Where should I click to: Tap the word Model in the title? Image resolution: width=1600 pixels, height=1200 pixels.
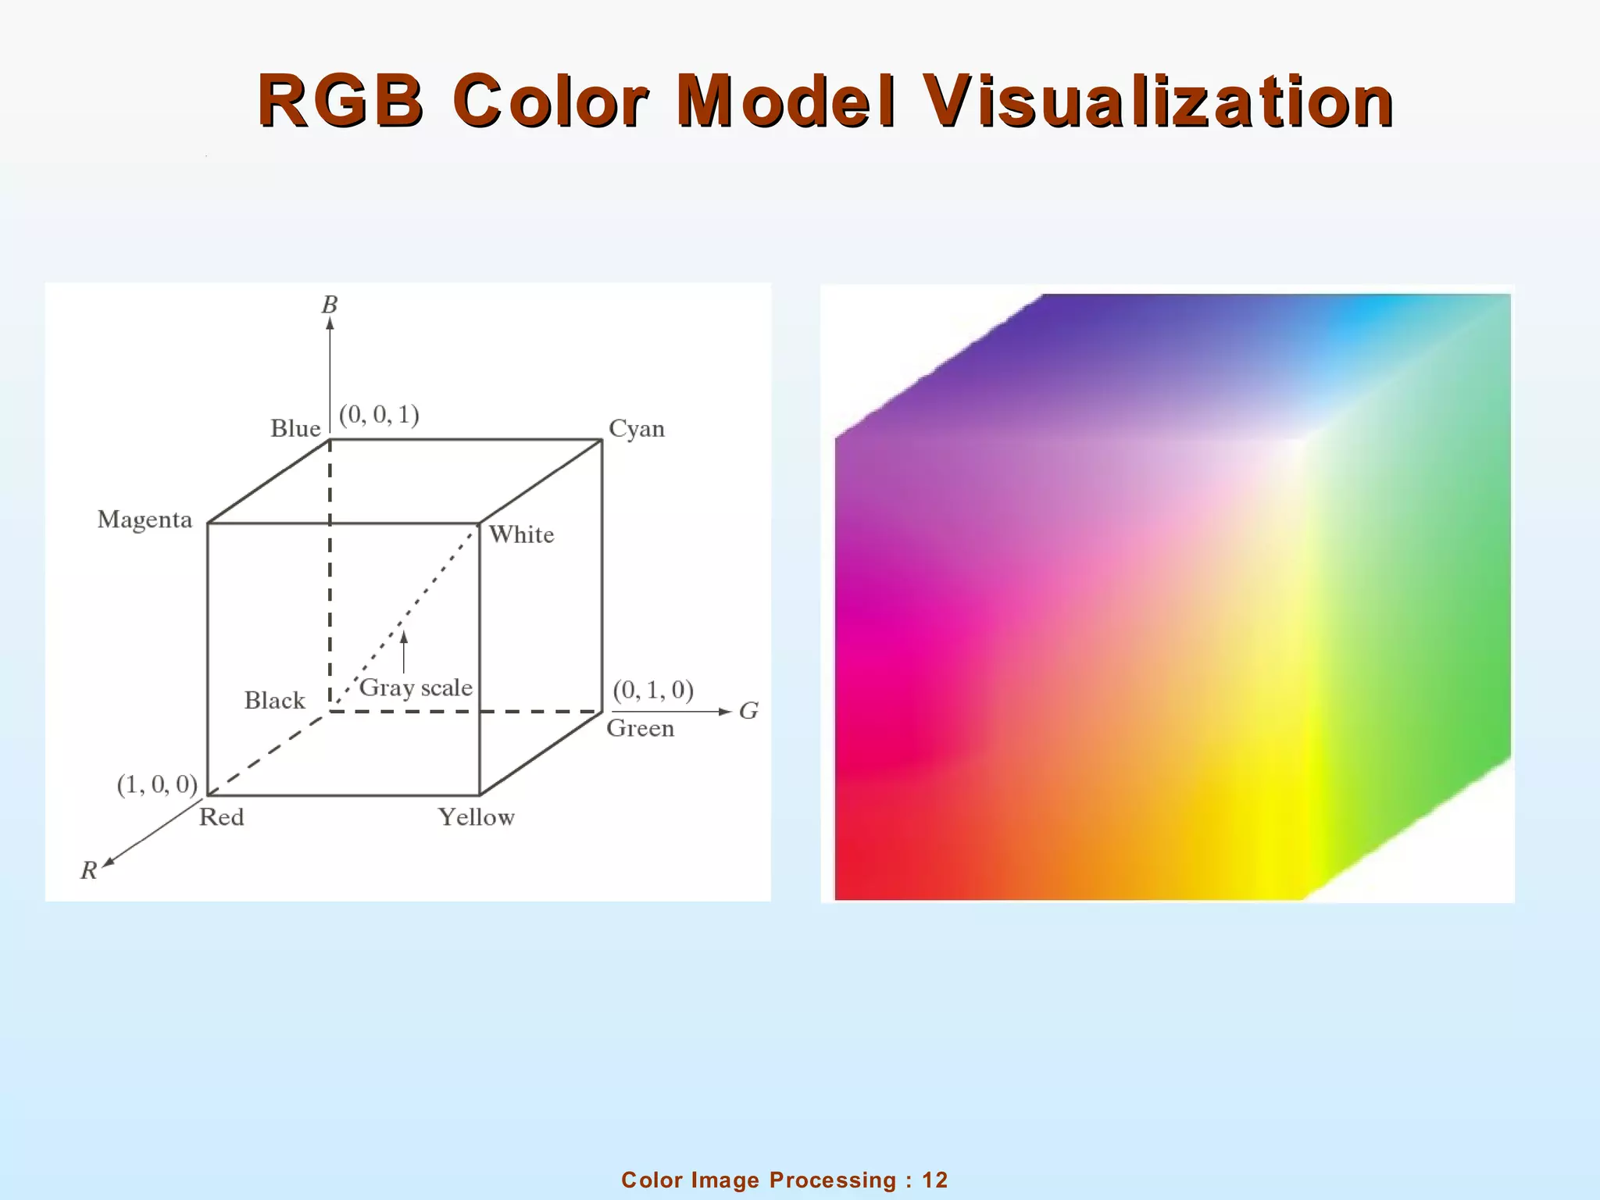pyautogui.click(x=787, y=102)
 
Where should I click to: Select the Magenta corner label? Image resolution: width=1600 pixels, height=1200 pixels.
pyautogui.click(x=145, y=520)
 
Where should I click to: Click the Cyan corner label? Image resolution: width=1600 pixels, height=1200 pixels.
pyautogui.click(x=637, y=429)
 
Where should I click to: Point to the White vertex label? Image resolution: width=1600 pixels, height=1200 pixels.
pyautogui.click(x=521, y=535)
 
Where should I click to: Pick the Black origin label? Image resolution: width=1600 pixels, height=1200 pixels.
pyautogui.click(x=274, y=700)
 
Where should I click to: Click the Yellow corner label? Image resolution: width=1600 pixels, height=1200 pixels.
pyautogui.click(x=477, y=817)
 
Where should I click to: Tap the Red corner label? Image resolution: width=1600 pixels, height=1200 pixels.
pyautogui.click(x=222, y=817)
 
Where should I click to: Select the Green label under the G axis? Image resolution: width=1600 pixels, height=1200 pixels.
pyautogui.click(x=640, y=728)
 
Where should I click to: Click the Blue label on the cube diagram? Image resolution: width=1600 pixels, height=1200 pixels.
pyautogui.click(x=295, y=429)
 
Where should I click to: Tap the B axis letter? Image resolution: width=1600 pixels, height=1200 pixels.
pyautogui.click(x=330, y=305)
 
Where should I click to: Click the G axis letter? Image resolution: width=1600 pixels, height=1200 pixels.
pyautogui.click(x=748, y=711)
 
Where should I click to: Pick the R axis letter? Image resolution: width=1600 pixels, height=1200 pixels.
pyautogui.click(x=89, y=870)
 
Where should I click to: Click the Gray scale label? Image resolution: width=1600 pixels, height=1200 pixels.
pyautogui.click(x=416, y=687)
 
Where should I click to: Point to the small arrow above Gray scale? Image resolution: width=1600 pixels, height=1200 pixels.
pyautogui.click(x=404, y=652)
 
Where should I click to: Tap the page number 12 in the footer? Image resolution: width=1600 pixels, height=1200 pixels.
pyautogui.click(x=934, y=1180)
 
